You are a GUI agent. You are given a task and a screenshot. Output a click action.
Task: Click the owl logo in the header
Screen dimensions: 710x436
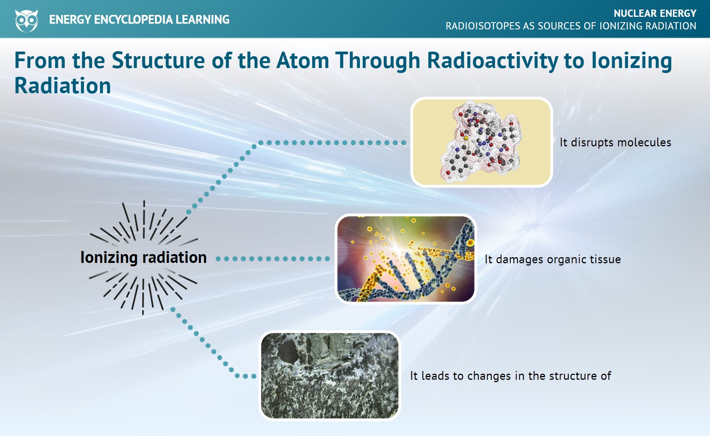(x=26, y=21)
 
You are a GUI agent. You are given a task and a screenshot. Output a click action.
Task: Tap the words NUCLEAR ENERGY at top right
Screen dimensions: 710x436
(x=655, y=13)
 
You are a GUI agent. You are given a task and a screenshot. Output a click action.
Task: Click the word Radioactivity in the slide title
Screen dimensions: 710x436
(x=492, y=61)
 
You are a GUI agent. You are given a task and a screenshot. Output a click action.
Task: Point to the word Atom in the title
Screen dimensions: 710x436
(x=302, y=61)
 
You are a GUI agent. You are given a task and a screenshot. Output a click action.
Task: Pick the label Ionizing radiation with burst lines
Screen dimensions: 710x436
(x=143, y=257)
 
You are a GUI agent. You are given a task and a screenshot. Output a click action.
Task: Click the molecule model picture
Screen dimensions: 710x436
(x=482, y=142)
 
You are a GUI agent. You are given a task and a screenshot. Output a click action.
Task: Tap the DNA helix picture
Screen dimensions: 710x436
(x=406, y=259)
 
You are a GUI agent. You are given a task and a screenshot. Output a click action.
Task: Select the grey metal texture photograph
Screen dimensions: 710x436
(x=330, y=376)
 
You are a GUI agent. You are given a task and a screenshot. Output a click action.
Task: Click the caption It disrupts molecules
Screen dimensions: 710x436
(x=615, y=142)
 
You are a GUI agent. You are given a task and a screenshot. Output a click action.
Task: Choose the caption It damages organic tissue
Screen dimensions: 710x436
(x=552, y=259)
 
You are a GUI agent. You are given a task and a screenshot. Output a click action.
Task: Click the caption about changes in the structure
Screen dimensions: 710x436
(x=510, y=376)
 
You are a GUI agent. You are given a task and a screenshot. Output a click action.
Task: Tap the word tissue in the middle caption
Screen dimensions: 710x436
(x=606, y=259)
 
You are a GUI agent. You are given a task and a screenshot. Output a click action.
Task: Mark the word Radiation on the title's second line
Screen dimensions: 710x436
(x=63, y=86)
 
